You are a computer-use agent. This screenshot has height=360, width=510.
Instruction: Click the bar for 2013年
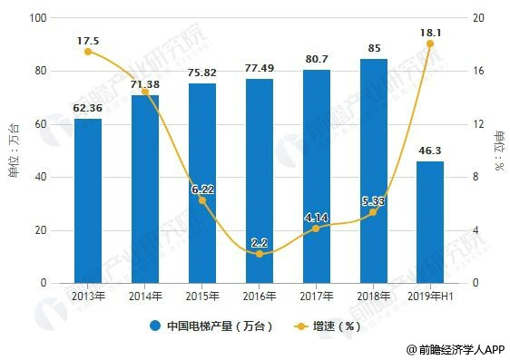pos(88,200)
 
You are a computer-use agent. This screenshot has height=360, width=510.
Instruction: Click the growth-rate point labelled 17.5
pos(88,52)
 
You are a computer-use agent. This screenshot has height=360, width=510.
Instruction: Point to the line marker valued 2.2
pos(260,254)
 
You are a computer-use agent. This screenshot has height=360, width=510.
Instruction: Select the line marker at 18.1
pos(430,44)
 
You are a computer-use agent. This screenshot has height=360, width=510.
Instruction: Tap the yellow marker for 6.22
pos(202,200)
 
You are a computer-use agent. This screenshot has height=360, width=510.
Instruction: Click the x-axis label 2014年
pos(145,296)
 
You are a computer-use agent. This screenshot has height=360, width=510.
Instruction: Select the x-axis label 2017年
pos(317,296)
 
